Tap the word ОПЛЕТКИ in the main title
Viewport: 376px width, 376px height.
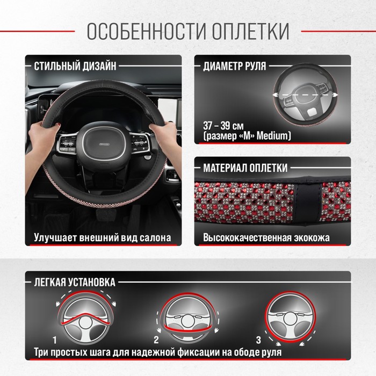(x=251, y=31)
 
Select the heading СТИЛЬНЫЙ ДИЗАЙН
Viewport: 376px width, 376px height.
(x=75, y=66)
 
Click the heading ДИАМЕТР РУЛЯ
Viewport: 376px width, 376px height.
(x=235, y=66)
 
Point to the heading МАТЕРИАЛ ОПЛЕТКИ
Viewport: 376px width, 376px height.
(x=245, y=168)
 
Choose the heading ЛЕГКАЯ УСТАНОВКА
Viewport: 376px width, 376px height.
(x=75, y=282)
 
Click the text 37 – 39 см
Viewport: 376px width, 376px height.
(x=223, y=126)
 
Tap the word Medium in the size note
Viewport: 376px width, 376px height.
(x=272, y=136)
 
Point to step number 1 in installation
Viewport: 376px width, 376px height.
(x=55, y=340)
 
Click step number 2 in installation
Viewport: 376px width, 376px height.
(x=156, y=340)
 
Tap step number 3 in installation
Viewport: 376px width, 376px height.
(x=258, y=340)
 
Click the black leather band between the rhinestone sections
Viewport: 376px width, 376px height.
(x=308, y=201)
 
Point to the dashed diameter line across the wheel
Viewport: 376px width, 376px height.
(x=305, y=95)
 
